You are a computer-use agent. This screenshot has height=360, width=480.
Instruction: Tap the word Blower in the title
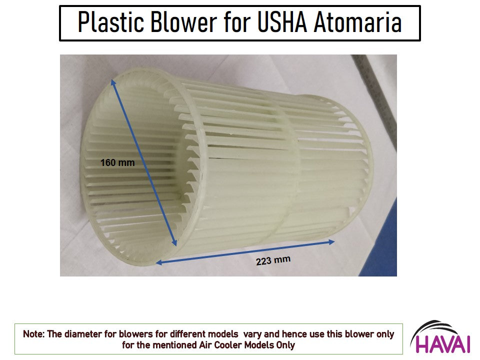(x=183, y=22)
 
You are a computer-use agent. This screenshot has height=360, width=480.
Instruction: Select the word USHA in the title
(x=282, y=22)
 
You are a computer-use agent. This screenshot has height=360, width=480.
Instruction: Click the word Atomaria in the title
(x=358, y=22)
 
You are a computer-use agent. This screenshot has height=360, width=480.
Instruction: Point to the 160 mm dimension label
(x=117, y=162)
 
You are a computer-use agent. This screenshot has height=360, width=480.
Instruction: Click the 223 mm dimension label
(x=273, y=260)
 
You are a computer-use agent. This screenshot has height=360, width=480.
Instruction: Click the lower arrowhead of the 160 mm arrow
(x=174, y=243)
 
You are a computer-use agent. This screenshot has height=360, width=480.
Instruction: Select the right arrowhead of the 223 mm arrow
(x=331, y=242)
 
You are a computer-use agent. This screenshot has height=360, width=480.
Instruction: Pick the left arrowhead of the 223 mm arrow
(x=159, y=262)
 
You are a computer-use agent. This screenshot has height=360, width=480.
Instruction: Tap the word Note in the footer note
(x=33, y=334)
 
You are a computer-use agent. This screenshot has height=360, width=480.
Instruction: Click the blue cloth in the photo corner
(x=379, y=245)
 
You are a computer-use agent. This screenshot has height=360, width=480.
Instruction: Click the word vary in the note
(x=252, y=334)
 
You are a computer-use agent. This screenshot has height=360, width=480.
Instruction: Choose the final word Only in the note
(x=285, y=345)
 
